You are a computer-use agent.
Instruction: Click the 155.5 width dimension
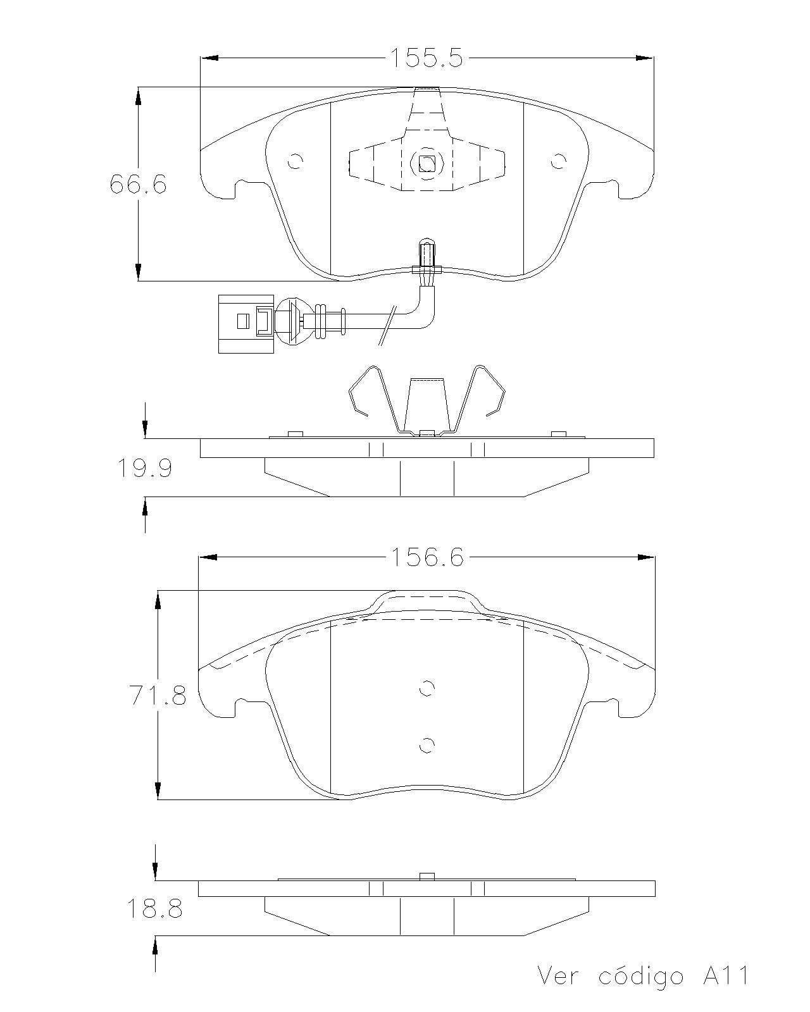(x=427, y=58)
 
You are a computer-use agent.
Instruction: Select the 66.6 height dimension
(x=138, y=183)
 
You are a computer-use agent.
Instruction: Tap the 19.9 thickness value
(x=144, y=469)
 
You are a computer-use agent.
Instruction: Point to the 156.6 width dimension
(x=427, y=558)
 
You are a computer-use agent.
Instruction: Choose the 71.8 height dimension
(x=158, y=695)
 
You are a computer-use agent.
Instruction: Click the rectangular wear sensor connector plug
(x=246, y=324)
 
